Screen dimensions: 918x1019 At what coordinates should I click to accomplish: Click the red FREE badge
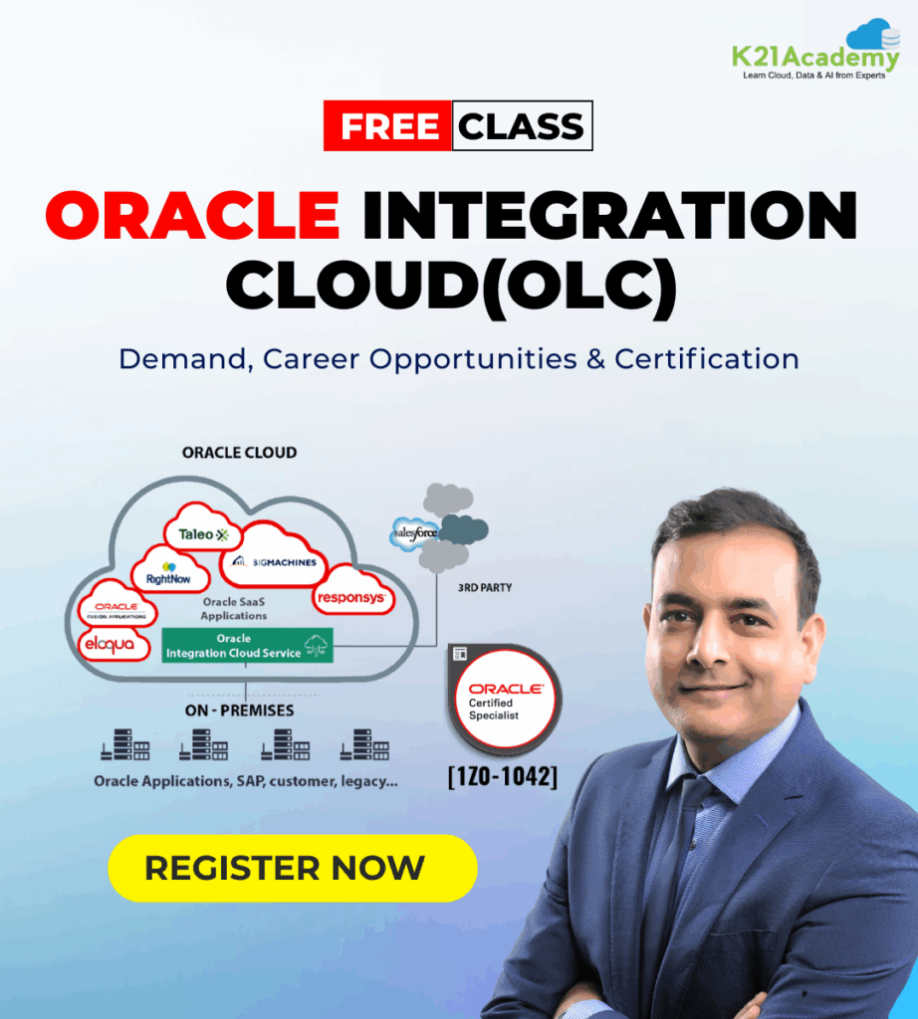pos(387,125)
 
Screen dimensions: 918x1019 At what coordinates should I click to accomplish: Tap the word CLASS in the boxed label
pos(522,126)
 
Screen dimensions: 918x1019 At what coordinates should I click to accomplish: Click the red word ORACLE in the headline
pos(192,215)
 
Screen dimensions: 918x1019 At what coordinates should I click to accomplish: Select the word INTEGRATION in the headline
pos(609,215)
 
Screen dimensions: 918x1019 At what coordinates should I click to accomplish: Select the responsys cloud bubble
pos(352,592)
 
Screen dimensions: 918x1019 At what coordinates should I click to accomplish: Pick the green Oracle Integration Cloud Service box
pos(247,645)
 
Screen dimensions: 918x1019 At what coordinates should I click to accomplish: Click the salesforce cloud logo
pos(416,533)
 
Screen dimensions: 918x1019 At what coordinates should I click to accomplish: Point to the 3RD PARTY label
pos(485,587)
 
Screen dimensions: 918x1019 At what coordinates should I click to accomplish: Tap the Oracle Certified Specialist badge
pos(505,697)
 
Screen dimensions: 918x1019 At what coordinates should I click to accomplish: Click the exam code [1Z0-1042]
pos(503,776)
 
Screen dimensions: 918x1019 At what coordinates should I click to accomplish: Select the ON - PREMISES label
pos(239,711)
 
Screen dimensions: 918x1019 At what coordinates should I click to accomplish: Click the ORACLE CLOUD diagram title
pos(239,453)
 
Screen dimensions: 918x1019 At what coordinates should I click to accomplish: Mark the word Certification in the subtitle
pos(707,358)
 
